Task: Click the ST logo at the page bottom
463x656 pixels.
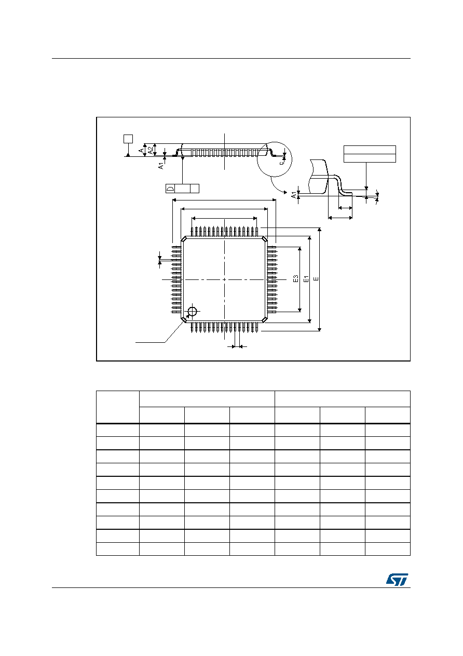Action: click(397, 579)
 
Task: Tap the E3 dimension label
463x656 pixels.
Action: click(295, 278)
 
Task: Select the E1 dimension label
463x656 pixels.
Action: click(306, 279)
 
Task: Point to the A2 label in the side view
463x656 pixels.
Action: click(151, 151)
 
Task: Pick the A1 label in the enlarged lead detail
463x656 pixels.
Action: click(294, 195)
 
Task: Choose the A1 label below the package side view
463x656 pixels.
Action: click(161, 166)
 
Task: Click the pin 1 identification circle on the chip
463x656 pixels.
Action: click(192, 311)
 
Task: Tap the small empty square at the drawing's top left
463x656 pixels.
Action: click(128, 139)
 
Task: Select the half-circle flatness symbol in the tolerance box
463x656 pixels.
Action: click(170, 189)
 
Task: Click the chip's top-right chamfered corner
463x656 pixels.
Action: click(265, 239)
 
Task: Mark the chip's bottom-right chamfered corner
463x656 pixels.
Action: click(265, 319)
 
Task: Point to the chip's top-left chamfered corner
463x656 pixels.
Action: click(184, 239)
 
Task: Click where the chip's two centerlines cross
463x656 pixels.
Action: click(224, 279)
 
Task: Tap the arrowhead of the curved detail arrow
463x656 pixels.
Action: click(285, 192)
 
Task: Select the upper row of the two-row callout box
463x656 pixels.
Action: click(370, 150)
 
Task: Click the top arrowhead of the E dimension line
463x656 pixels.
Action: click(319, 229)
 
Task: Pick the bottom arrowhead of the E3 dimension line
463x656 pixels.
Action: click(299, 310)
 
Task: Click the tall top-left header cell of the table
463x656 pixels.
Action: click(118, 407)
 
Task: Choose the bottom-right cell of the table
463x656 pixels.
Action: click(388, 549)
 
